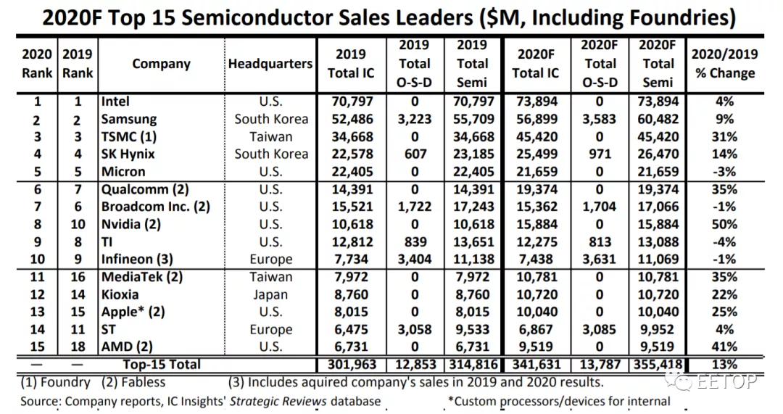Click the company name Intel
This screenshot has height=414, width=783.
pos(116,102)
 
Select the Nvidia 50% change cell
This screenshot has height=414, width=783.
pos(725,224)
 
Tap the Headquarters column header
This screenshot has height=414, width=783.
pos(270,64)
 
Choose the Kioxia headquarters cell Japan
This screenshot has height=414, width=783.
pos(270,294)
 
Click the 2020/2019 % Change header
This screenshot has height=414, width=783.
pos(724,63)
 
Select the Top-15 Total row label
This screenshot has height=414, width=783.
pos(161,364)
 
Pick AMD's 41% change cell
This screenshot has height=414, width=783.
pos(725,347)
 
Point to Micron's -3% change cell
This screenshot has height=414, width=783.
pos(725,172)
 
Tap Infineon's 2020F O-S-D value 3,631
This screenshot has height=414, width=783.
pos(600,259)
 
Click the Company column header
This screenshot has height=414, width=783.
pos(161,64)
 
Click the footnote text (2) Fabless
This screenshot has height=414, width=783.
pos(133,382)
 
